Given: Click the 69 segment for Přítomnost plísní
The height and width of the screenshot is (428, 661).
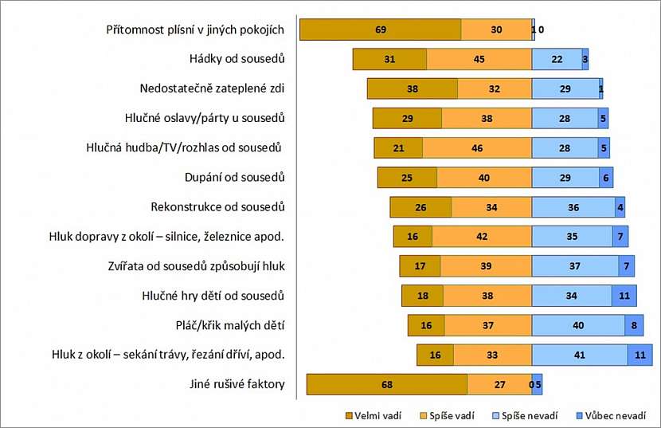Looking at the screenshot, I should [x=380, y=29].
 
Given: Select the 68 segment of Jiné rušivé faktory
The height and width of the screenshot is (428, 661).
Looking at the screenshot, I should [x=387, y=384].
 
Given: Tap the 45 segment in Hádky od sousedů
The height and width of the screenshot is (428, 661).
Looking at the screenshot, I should [x=479, y=59].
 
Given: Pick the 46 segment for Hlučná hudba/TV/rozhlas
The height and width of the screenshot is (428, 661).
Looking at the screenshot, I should [x=477, y=147].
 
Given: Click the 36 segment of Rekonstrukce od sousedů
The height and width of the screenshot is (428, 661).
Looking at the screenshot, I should [x=573, y=207].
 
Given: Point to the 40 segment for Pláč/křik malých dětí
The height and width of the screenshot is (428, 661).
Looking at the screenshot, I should [x=578, y=325].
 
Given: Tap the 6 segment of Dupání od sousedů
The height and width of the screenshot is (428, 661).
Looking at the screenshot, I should [x=606, y=177].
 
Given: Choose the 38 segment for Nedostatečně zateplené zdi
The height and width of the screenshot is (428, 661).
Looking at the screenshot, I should [x=413, y=88].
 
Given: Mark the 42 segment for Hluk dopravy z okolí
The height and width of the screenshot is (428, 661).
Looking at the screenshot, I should [x=482, y=237].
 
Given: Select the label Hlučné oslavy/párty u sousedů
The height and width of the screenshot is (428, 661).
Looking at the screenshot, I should [x=205, y=118].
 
